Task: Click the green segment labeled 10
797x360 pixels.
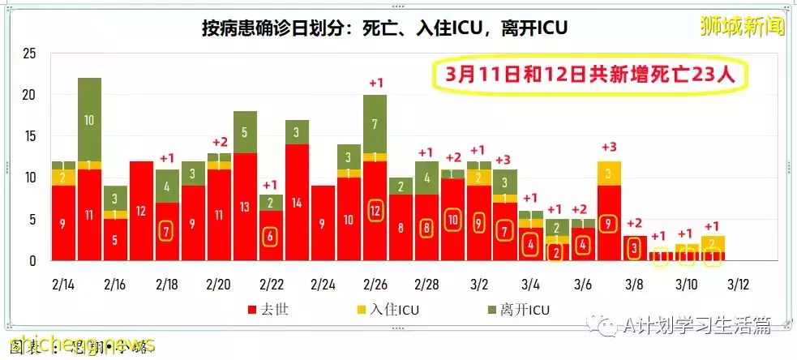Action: [88, 119]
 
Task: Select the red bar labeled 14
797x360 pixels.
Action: [297, 202]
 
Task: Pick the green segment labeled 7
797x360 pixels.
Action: [375, 123]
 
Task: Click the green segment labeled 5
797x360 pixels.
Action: [245, 132]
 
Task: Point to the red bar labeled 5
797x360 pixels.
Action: [115, 239]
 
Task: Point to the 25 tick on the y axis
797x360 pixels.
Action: [29, 54]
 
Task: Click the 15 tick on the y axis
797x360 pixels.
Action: [29, 136]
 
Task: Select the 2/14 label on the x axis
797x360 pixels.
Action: [63, 285]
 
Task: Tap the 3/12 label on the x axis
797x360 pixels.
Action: [737, 285]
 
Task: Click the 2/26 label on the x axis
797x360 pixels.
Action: [375, 285]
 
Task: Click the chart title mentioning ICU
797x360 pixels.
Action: [384, 27]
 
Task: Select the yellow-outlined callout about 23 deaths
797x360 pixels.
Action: [589, 75]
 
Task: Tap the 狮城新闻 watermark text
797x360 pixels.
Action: [743, 26]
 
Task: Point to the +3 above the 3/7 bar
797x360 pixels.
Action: [608, 147]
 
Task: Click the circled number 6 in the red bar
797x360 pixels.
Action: [271, 238]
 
